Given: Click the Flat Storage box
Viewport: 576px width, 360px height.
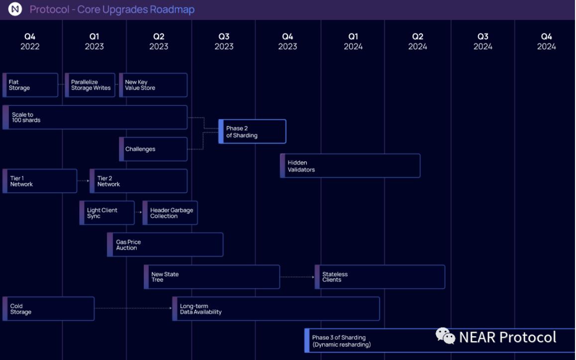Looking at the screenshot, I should [30, 85].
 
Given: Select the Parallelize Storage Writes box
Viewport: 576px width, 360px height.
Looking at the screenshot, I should [90, 85].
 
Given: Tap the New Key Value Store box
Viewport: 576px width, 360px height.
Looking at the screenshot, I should [153, 85].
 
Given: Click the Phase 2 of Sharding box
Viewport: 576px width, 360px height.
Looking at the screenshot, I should [252, 131].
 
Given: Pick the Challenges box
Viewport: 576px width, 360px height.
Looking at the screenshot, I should [153, 149].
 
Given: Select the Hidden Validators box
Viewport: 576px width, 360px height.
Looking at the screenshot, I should [350, 166].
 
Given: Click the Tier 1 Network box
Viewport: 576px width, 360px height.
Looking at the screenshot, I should [40, 181].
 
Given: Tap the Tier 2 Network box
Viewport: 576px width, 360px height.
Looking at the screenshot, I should [138, 181].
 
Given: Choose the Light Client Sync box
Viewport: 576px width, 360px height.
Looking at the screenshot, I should [107, 213].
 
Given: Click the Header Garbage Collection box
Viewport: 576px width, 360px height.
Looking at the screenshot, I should [170, 213].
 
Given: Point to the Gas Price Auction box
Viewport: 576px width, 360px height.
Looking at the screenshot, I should [165, 245].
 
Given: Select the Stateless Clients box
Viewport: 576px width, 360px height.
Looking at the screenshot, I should [380, 277].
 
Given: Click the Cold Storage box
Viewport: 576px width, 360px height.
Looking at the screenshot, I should [48, 309].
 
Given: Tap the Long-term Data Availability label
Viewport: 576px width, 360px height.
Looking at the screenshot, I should [200, 309].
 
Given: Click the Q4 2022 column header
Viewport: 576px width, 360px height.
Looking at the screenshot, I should [30, 41].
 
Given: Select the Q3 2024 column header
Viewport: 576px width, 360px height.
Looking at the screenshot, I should [482, 41].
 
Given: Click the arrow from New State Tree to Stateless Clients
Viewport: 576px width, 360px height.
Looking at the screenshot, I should [297, 277].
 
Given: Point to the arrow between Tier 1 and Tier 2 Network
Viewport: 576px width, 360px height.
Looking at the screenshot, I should [83, 181].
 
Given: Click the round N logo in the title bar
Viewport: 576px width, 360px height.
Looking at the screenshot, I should [15, 9].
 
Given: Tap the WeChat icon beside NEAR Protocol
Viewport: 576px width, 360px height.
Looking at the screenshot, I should [445, 336].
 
